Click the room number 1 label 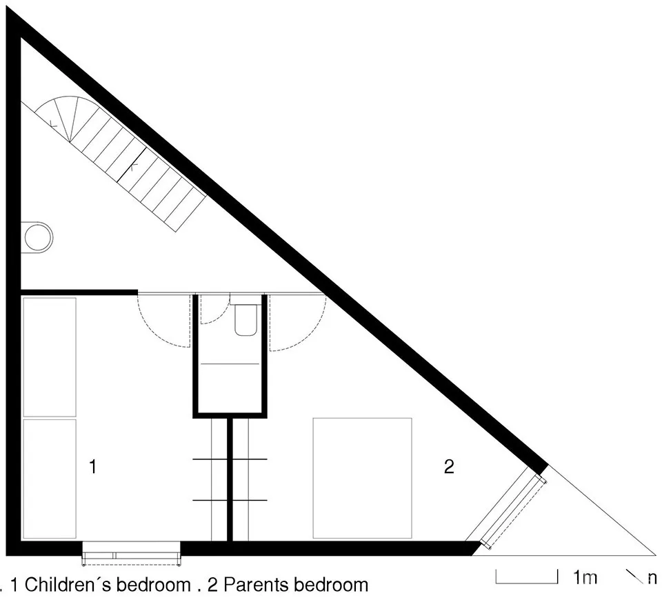coord(92,467)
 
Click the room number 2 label coord(449,467)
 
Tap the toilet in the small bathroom coord(245,319)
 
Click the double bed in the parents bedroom coord(362,477)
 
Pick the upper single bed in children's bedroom coord(50,357)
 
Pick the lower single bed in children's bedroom coord(50,477)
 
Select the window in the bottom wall coord(131,552)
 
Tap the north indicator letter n coord(652,578)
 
